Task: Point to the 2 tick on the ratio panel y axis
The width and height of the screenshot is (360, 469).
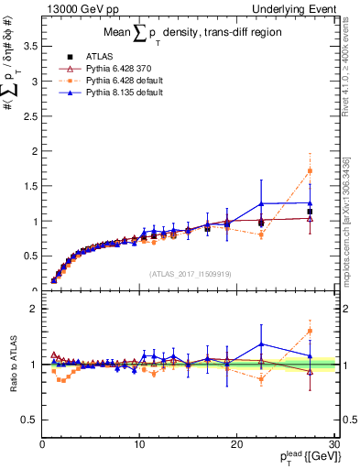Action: (32, 309)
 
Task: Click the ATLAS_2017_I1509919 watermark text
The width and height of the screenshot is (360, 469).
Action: (189, 273)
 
